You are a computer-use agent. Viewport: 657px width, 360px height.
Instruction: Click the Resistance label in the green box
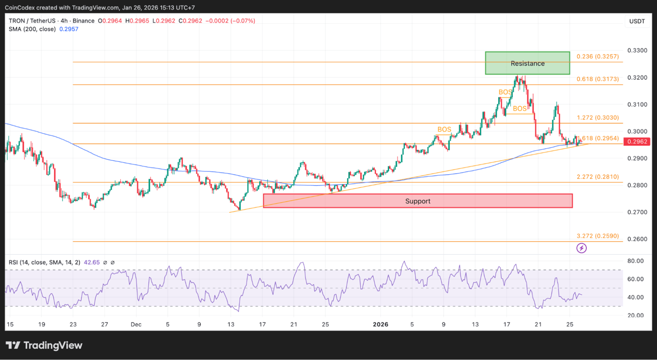coord(528,64)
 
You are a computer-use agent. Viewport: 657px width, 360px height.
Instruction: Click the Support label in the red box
coord(417,201)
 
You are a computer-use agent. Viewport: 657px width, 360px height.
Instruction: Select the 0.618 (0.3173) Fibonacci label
coord(597,78)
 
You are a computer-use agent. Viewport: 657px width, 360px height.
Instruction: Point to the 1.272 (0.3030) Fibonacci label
coord(597,117)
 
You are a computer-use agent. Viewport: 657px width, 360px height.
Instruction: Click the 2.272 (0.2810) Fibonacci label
coord(597,177)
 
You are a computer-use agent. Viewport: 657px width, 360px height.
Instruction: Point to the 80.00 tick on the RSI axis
coord(636,261)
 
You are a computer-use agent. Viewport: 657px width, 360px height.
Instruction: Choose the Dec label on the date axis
coord(136,324)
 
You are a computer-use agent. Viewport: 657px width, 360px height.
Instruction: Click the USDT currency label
coord(637,21)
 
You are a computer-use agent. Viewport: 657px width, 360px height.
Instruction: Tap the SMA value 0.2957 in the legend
coord(69,29)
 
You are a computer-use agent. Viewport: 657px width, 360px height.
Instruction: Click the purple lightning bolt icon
coord(581,248)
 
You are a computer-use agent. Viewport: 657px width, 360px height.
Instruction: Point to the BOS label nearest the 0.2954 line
coord(444,129)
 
